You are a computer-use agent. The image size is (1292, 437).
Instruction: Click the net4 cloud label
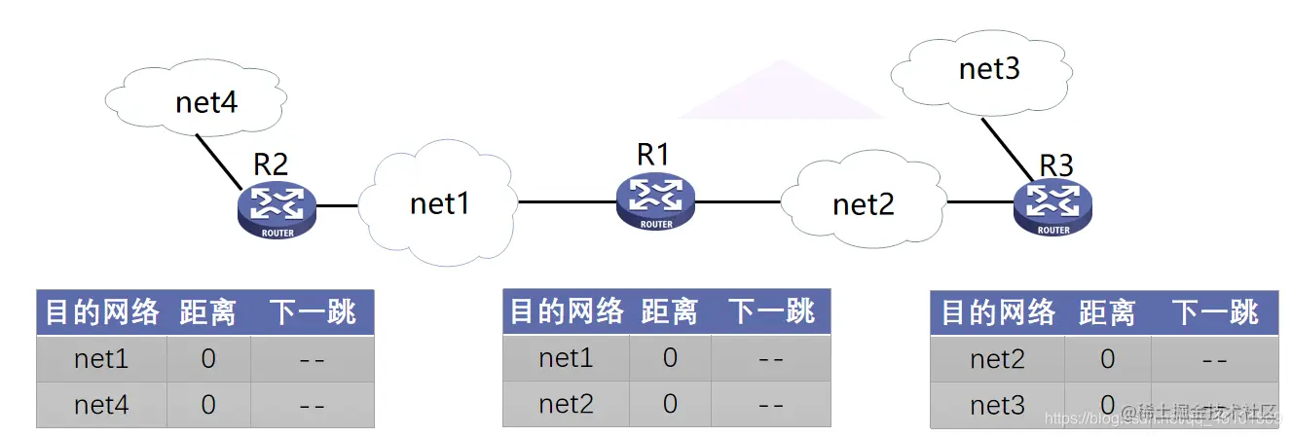206,101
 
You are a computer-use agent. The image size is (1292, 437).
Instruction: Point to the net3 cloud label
989,69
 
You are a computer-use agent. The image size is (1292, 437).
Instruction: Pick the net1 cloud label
440,203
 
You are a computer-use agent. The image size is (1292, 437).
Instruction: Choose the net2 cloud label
863,204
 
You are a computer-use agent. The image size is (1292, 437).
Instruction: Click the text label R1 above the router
653,154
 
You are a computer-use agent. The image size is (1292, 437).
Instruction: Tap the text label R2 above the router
271,164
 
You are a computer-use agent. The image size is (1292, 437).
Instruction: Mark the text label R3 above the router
1055,165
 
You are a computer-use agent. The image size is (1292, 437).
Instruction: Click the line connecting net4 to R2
219,162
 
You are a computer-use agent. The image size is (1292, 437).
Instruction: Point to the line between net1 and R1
566,202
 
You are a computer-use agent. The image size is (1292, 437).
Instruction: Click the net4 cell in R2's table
101,405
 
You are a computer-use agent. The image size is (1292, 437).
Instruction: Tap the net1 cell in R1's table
566,358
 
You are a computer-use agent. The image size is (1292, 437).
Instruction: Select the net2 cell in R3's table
997,359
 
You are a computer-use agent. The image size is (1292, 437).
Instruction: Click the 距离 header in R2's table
207,312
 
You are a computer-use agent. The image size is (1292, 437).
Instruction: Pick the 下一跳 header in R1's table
771,311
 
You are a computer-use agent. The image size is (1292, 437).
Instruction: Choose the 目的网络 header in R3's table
998,312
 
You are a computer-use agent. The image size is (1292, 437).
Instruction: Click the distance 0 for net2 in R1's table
670,404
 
